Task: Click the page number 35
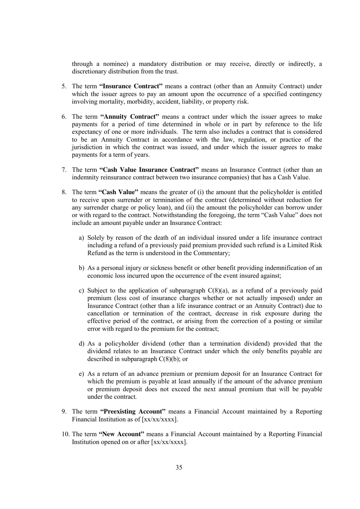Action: tap(179, 467)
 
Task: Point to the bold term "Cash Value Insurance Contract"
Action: tap(149, 170)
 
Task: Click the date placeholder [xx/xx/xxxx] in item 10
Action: tap(169, 442)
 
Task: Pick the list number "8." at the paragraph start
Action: tap(64, 192)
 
